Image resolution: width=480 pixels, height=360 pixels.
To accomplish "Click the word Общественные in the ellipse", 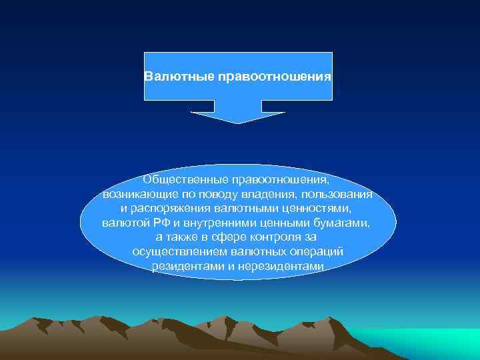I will click(x=182, y=180).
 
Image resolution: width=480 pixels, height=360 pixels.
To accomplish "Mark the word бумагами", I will click(x=347, y=223).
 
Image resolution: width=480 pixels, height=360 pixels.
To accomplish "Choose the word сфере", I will click(x=231, y=237).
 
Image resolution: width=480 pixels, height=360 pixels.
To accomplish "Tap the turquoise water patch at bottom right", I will click(x=427, y=343).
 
